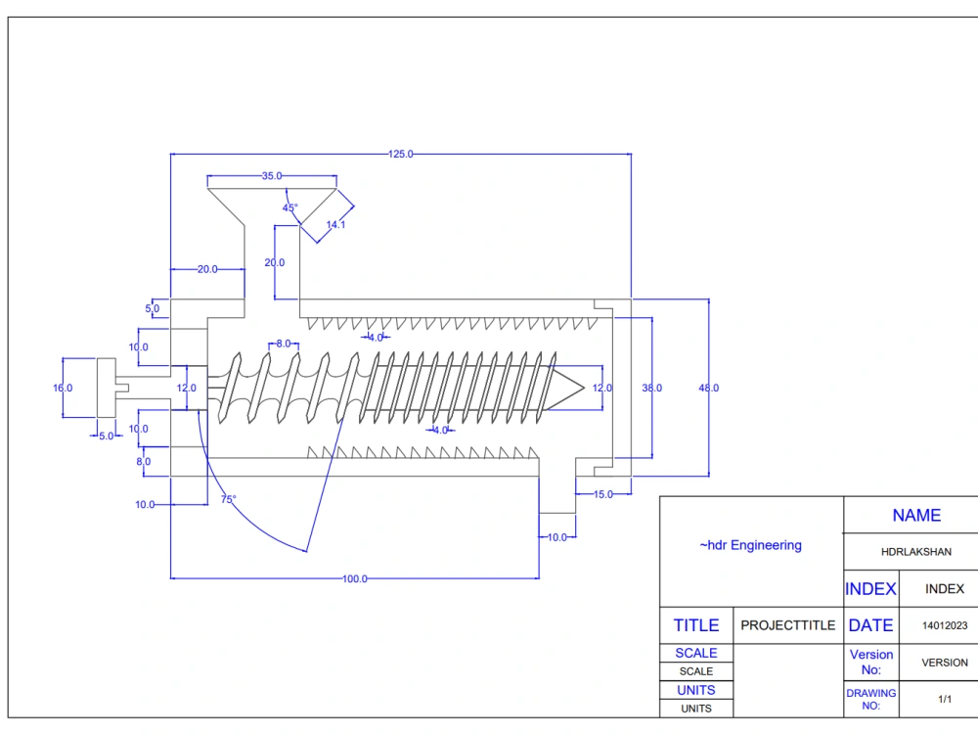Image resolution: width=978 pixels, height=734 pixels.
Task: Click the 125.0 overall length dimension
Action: (401, 154)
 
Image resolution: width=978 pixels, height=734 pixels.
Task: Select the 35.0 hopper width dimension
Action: (272, 176)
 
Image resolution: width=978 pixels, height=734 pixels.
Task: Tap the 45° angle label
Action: (290, 207)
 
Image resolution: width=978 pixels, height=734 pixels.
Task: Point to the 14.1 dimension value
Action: (335, 225)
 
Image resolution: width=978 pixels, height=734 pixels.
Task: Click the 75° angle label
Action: (228, 499)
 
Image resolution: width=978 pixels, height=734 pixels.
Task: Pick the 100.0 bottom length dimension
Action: (354, 579)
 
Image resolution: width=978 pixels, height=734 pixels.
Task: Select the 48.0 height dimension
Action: (709, 389)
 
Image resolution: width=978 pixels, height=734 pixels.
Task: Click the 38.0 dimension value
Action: (651, 389)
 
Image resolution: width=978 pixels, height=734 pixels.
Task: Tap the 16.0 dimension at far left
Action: (63, 389)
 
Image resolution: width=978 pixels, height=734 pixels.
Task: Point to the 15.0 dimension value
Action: (603, 494)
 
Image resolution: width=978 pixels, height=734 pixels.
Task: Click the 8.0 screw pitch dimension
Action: (283, 344)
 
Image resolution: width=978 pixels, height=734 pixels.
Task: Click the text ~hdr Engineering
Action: (750, 545)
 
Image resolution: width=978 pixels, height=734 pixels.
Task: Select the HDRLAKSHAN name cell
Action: (916, 552)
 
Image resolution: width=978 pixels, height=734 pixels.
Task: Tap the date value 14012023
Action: (944, 625)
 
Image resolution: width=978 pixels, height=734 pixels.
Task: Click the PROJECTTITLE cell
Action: (788, 625)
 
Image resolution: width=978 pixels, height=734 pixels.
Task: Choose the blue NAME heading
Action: (916, 516)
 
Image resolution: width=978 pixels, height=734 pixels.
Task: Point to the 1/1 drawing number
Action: (945, 700)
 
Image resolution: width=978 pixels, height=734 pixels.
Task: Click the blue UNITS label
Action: (696, 690)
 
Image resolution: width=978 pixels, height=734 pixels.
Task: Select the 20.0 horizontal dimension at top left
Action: (207, 269)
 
